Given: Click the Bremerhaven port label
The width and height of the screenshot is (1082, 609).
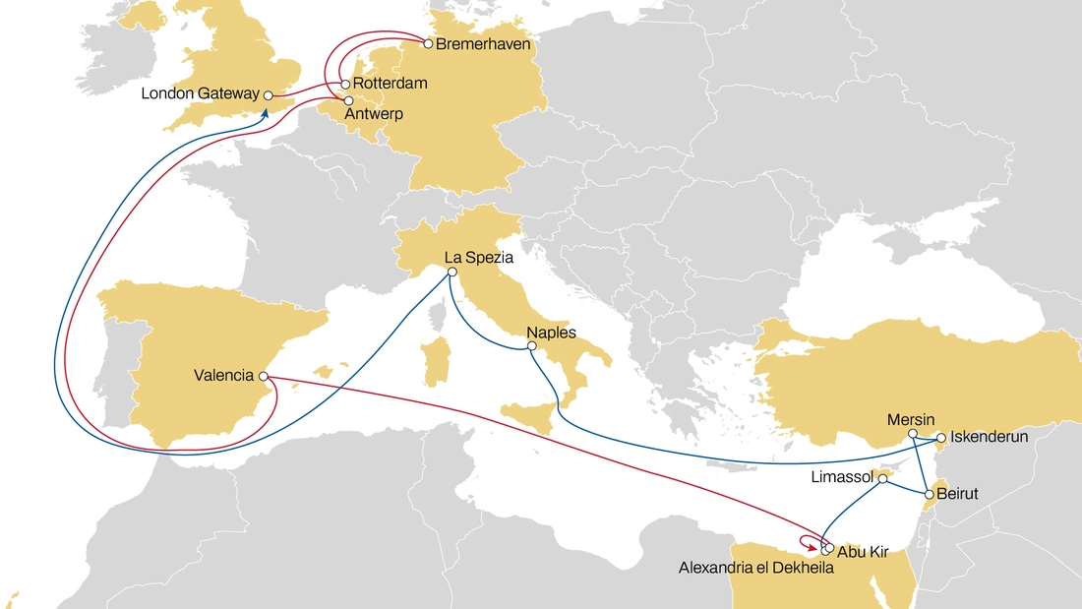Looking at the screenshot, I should tap(484, 44).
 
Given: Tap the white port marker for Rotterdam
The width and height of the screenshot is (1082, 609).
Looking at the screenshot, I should tap(345, 85).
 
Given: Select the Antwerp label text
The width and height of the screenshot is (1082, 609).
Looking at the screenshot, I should tap(374, 114).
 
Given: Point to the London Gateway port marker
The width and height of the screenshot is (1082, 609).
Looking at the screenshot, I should tap(267, 95).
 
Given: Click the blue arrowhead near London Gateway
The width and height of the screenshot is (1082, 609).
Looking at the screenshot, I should tap(265, 112).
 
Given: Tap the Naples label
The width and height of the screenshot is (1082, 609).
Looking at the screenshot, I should tap(551, 333).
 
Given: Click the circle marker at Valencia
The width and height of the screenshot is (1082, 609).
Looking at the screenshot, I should tap(263, 376).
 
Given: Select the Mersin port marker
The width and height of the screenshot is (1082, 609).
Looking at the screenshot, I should tap(913, 434).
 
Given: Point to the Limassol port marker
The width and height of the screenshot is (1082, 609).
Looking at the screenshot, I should tap(883, 479).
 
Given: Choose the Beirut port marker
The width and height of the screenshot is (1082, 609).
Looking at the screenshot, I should tap(928, 493).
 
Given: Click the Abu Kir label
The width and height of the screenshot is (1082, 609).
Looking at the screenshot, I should tap(864, 552).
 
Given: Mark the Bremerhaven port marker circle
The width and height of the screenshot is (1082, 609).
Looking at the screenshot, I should tap(428, 43).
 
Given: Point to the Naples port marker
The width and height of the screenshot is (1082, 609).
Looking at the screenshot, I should tap(531, 346).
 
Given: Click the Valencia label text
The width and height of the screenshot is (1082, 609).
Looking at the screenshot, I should tap(224, 376).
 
